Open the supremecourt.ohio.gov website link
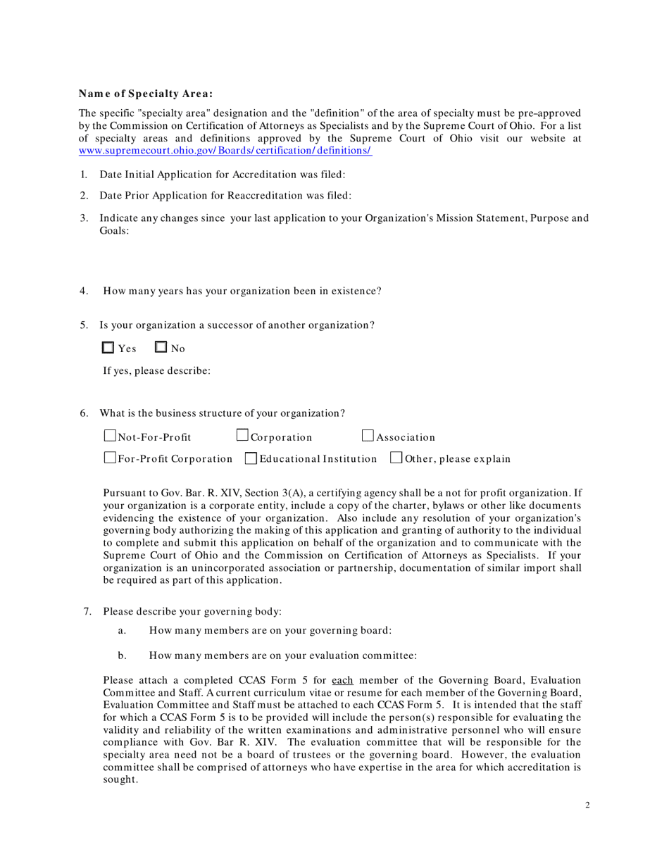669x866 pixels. point(225,151)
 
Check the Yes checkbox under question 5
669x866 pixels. point(108,347)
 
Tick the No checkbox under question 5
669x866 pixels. point(161,347)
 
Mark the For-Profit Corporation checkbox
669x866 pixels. point(110,459)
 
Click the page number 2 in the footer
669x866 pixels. point(587,805)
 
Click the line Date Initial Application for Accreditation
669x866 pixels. point(222,175)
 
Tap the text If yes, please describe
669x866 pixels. point(156,370)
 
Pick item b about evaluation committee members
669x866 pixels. point(282,656)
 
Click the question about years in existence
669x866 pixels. point(242,291)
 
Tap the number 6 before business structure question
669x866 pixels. point(83,413)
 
